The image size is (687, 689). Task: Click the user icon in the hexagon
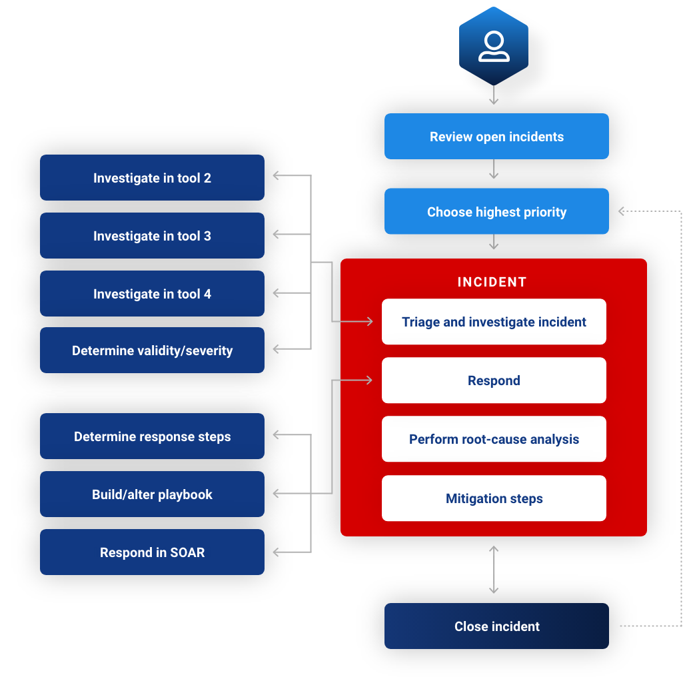pyautogui.click(x=494, y=47)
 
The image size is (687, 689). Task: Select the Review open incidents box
pyautogui.click(x=496, y=137)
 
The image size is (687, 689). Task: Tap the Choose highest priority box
pyautogui.click(x=496, y=212)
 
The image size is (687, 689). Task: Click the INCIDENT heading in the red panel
pyautogui.click(x=492, y=282)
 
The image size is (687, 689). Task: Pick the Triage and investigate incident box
pyautogui.click(x=494, y=322)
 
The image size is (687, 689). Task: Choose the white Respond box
pyautogui.click(x=494, y=380)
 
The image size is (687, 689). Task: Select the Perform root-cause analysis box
pyautogui.click(x=494, y=439)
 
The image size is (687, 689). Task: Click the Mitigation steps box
pyautogui.click(x=494, y=498)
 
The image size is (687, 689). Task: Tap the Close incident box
pyautogui.click(x=496, y=626)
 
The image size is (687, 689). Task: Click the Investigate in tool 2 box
pyautogui.click(x=152, y=178)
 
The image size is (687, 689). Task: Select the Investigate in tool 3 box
pyautogui.click(x=152, y=236)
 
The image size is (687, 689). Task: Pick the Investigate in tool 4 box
pyautogui.click(x=152, y=294)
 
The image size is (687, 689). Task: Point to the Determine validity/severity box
pyautogui.click(x=152, y=350)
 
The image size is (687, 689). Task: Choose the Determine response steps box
pyautogui.click(x=152, y=436)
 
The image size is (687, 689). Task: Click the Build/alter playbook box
pyautogui.click(x=152, y=494)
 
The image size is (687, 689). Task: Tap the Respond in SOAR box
pyautogui.click(x=152, y=552)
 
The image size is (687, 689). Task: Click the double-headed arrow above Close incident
pyautogui.click(x=494, y=570)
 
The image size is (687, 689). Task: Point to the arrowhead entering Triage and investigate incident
pyautogui.click(x=368, y=322)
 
